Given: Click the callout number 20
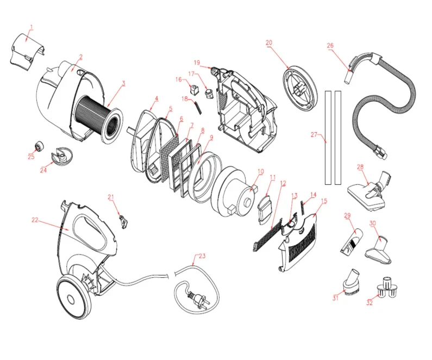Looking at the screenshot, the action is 269,43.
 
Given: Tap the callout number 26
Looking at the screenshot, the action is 330,46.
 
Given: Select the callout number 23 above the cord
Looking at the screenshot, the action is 202,256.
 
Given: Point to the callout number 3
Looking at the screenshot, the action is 124,84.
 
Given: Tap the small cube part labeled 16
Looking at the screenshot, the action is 194,89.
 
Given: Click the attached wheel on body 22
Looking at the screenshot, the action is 73,297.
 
